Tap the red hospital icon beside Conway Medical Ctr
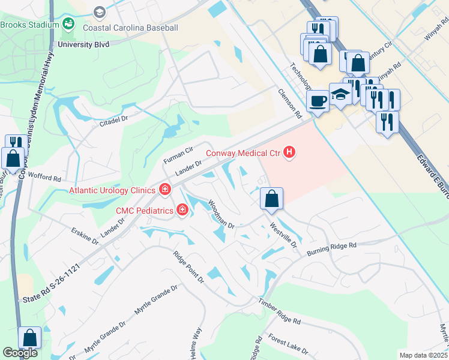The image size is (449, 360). coord(290,152)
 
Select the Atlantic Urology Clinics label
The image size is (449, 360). coord(113,191)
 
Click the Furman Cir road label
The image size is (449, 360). coord(178,156)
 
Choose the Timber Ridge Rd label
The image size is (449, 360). coord(279,313)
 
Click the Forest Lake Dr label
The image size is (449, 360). coord(288,344)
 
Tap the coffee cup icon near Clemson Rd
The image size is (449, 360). coord(318,100)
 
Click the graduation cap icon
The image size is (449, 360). coord(340,94)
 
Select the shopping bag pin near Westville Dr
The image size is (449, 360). coord(271,199)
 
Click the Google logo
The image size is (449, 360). coord(20,353)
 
